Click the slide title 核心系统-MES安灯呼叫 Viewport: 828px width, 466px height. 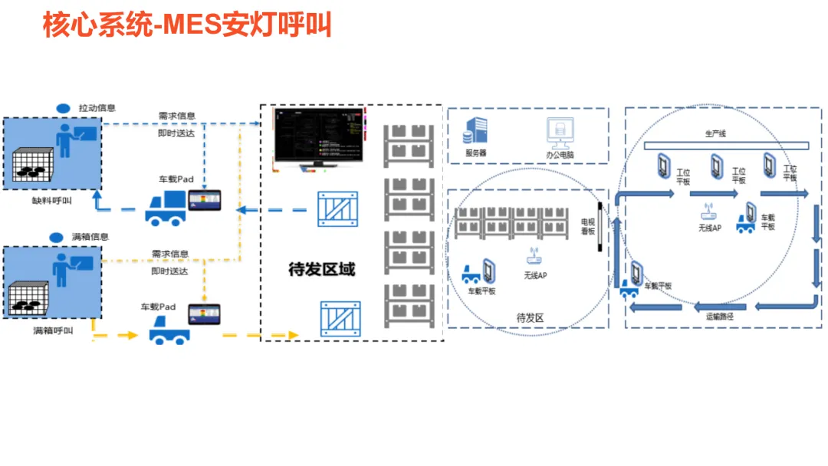tap(187, 26)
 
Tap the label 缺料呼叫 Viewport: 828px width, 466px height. tap(52, 201)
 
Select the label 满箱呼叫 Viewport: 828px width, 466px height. tap(53, 331)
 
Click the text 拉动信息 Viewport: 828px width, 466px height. tap(97, 108)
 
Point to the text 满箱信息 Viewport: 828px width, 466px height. tap(90, 237)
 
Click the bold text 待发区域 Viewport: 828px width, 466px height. tap(321, 270)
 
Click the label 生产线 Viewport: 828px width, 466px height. tap(715, 133)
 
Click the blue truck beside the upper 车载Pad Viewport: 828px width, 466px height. tap(166, 208)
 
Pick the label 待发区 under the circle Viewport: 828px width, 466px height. tap(530, 317)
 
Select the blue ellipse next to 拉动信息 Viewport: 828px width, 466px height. tap(64, 108)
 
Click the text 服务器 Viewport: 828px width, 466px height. tap(475, 153)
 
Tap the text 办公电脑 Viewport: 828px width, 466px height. tap(560, 154)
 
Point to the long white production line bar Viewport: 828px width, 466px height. tap(725, 146)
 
